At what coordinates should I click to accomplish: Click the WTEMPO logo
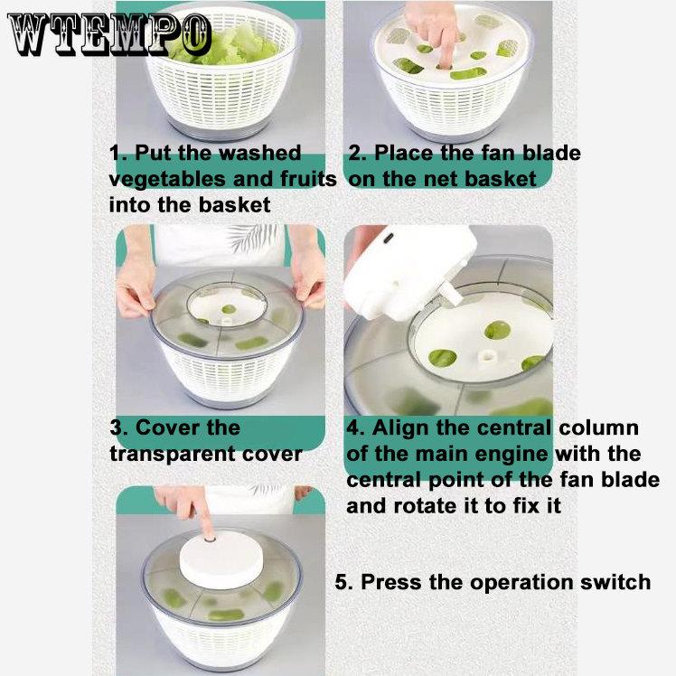(x=109, y=35)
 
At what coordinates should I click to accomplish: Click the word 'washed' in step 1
(x=260, y=153)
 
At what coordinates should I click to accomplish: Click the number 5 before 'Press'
(x=343, y=582)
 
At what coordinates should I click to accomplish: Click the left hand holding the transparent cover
(x=135, y=285)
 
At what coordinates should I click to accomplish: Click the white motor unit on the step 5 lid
(x=221, y=559)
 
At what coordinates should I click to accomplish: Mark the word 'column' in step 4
(x=599, y=427)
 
